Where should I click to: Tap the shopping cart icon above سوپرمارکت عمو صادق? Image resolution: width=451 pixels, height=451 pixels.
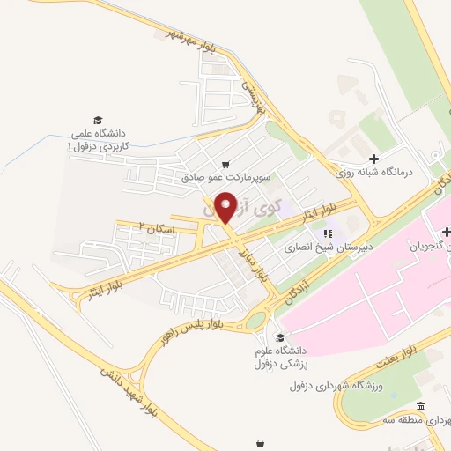coord(226,164)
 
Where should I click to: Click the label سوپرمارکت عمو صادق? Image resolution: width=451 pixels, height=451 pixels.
coord(227,176)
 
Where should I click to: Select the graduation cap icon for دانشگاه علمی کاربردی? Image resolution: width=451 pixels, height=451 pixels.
coord(98,120)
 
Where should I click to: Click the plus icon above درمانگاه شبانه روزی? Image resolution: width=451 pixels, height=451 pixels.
coord(374,159)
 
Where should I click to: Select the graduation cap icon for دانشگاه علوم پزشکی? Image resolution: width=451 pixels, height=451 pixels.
coord(280,338)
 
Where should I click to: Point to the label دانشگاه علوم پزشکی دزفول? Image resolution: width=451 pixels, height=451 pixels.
coord(280,357)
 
